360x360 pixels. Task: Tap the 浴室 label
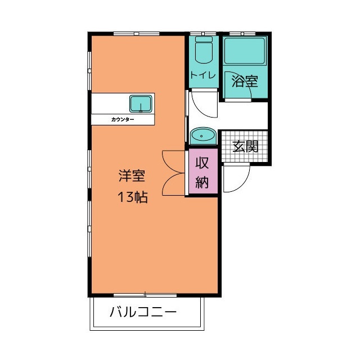(245, 81)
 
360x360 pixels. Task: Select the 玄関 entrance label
(246, 147)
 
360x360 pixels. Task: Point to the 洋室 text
(132, 175)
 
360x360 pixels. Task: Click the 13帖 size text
(132, 197)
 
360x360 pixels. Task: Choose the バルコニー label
(143, 311)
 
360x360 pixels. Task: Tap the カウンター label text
(123, 120)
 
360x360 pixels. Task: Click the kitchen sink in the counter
(141, 104)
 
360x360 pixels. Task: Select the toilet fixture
(202, 52)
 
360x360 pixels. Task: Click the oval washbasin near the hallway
(202, 136)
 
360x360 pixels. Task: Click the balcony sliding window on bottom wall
(145, 294)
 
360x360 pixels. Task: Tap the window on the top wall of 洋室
(136, 34)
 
